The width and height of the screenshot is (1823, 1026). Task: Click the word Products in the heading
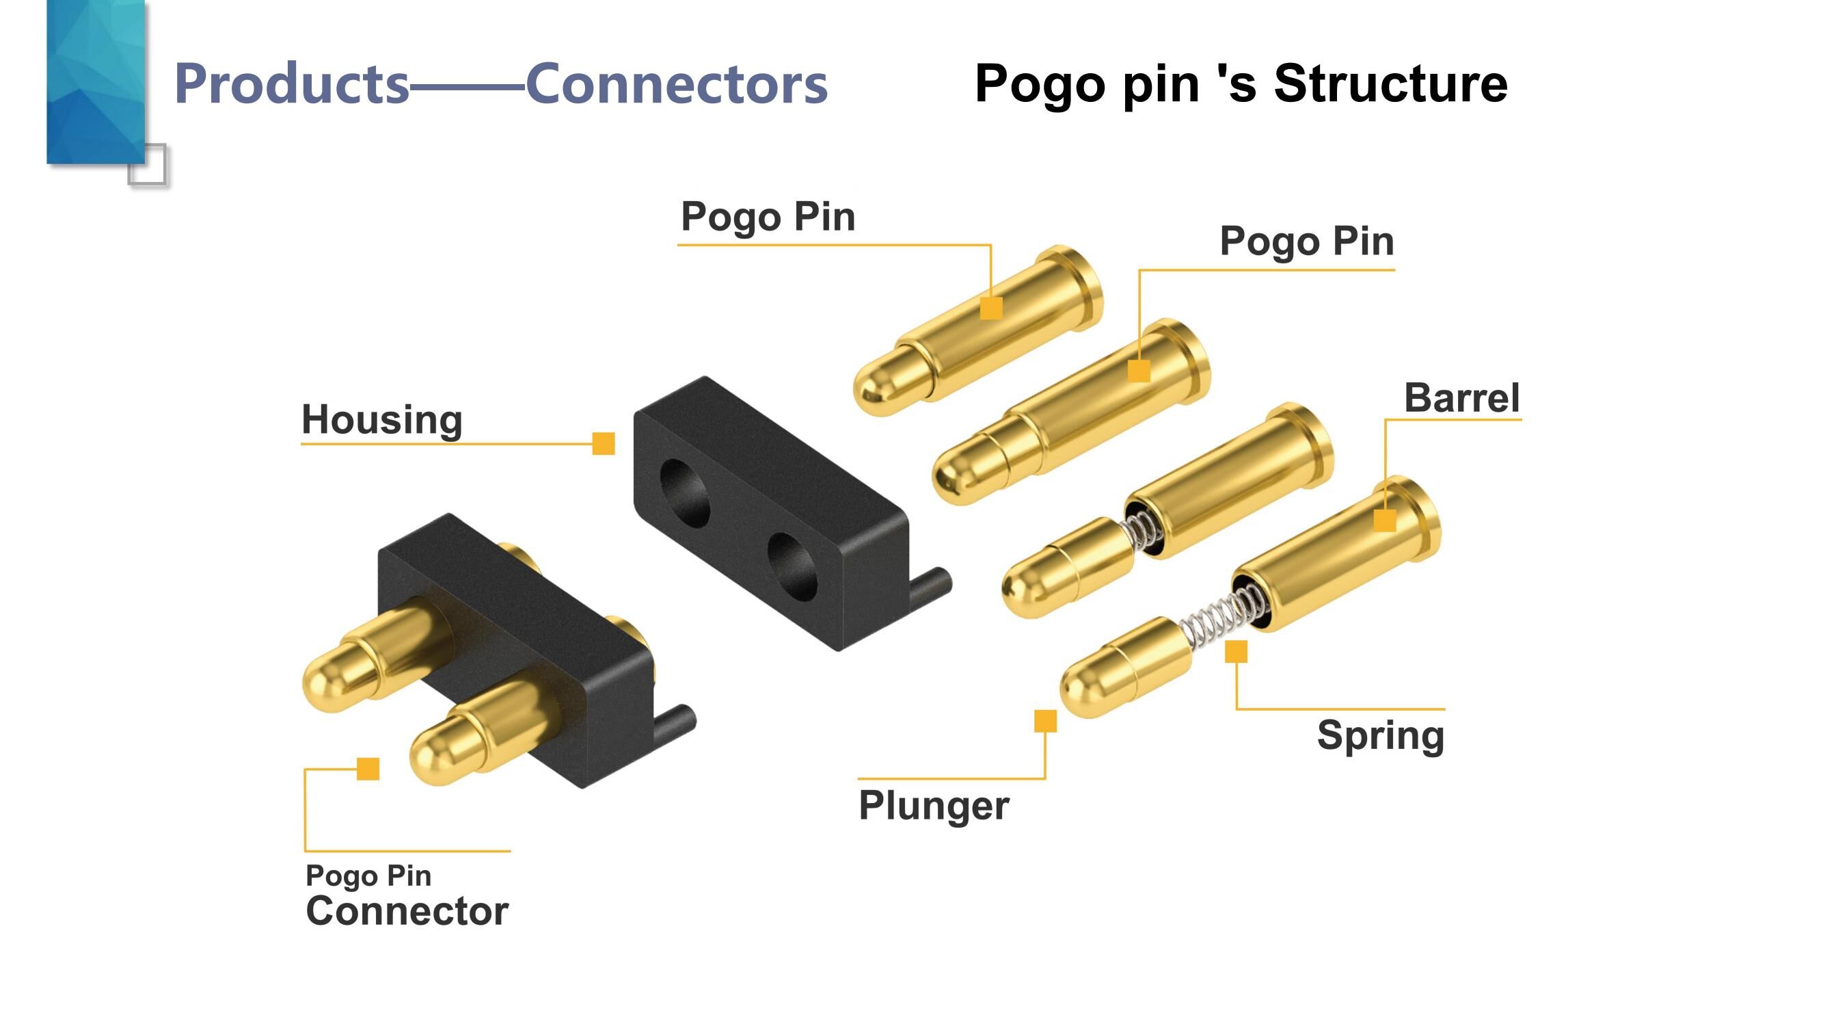tap(292, 84)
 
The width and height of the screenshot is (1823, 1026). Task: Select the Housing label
tap(382, 419)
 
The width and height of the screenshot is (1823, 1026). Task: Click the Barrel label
tap(1461, 397)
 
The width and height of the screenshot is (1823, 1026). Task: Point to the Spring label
tap(1380, 735)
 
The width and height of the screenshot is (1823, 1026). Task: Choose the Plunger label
tap(934, 805)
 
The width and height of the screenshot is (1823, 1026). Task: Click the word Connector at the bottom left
tap(407, 910)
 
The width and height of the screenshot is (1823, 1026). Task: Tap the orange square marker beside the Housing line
tap(603, 444)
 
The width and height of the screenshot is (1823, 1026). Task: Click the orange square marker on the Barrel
tap(1384, 521)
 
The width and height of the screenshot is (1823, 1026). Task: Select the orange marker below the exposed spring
tap(1236, 651)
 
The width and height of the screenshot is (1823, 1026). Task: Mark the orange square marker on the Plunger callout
tap(1045, 721)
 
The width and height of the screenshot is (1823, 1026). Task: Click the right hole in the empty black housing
tap(793, 566)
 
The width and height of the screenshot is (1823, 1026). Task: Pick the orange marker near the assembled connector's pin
tap(368, 768)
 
